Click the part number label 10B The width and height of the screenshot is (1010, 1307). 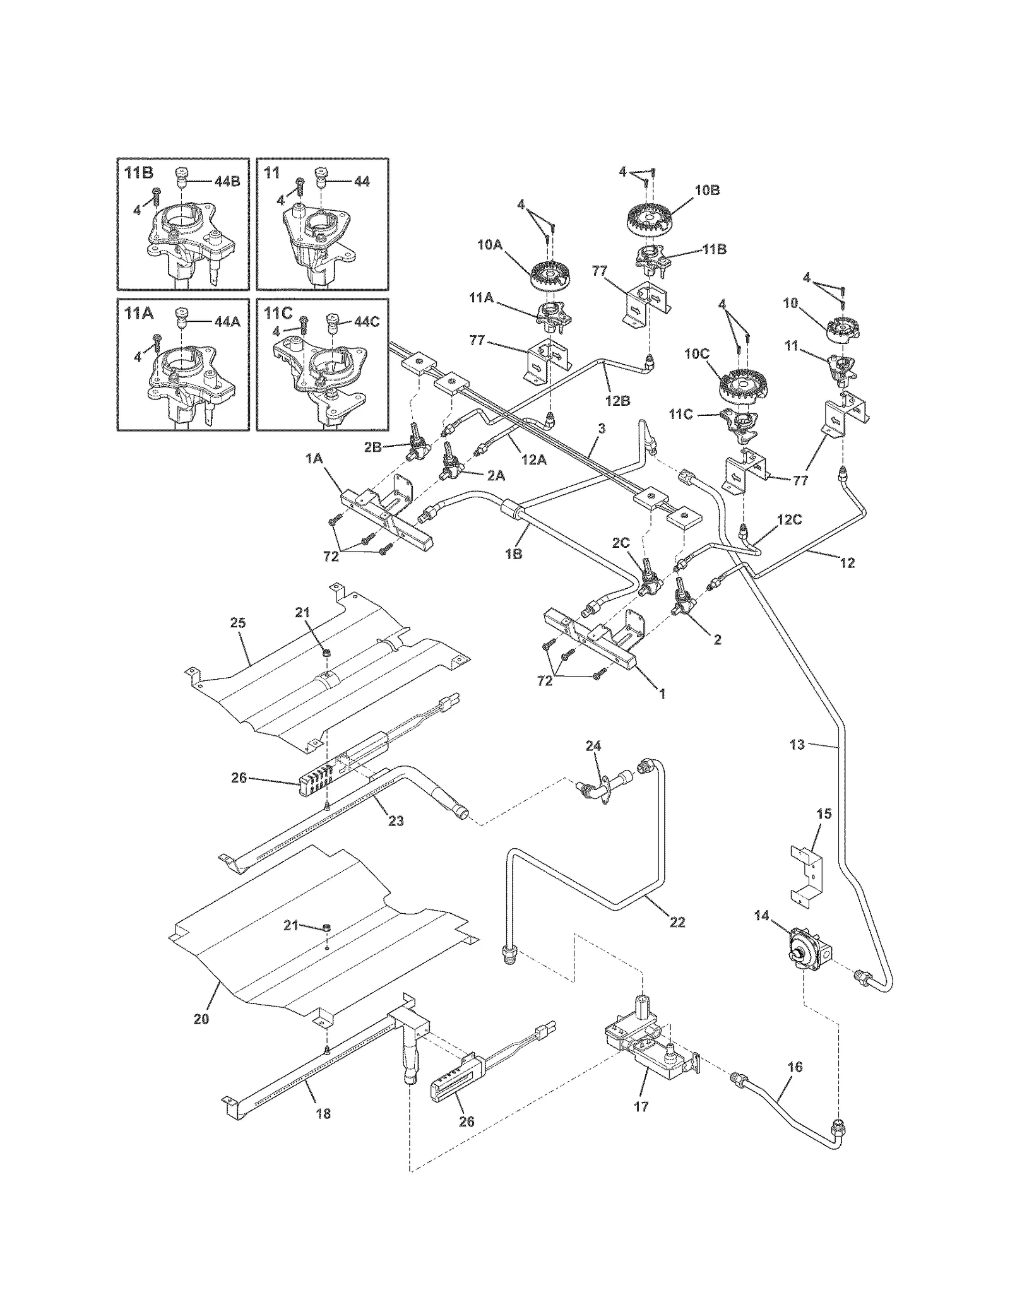click(706, 191)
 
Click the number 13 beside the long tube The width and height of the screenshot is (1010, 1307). click(797, 745)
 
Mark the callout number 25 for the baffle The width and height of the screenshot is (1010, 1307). click(237, 623)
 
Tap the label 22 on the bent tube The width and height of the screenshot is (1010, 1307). click(677, 922)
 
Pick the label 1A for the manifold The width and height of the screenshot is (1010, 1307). click(314, 459)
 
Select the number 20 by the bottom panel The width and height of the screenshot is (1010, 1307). click(201, 1019)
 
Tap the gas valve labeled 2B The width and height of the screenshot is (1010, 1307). click(416, 446)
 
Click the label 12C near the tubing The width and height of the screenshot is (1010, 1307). click(789, 520)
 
